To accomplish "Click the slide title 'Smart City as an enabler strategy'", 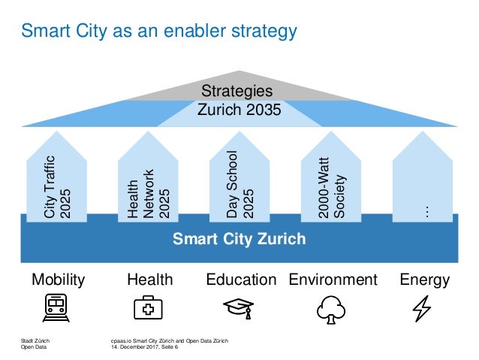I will tap(158, 32).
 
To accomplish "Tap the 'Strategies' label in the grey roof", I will tap(239, 91).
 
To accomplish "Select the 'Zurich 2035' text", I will tap(239, 110).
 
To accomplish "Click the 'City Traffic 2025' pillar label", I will tap(57, 186).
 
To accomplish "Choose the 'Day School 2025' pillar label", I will tap(239, 185).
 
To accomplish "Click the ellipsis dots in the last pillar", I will tap(426, 212).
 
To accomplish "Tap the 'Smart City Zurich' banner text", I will tap(239, 240).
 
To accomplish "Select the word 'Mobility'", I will tap(59, 280).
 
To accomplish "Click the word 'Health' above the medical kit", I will tap(150, 280).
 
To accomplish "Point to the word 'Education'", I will tap(241, 280).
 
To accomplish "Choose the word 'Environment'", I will tap(333, 280).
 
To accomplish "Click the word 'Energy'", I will tap(425, 280).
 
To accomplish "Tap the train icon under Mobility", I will tap(57, 307).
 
